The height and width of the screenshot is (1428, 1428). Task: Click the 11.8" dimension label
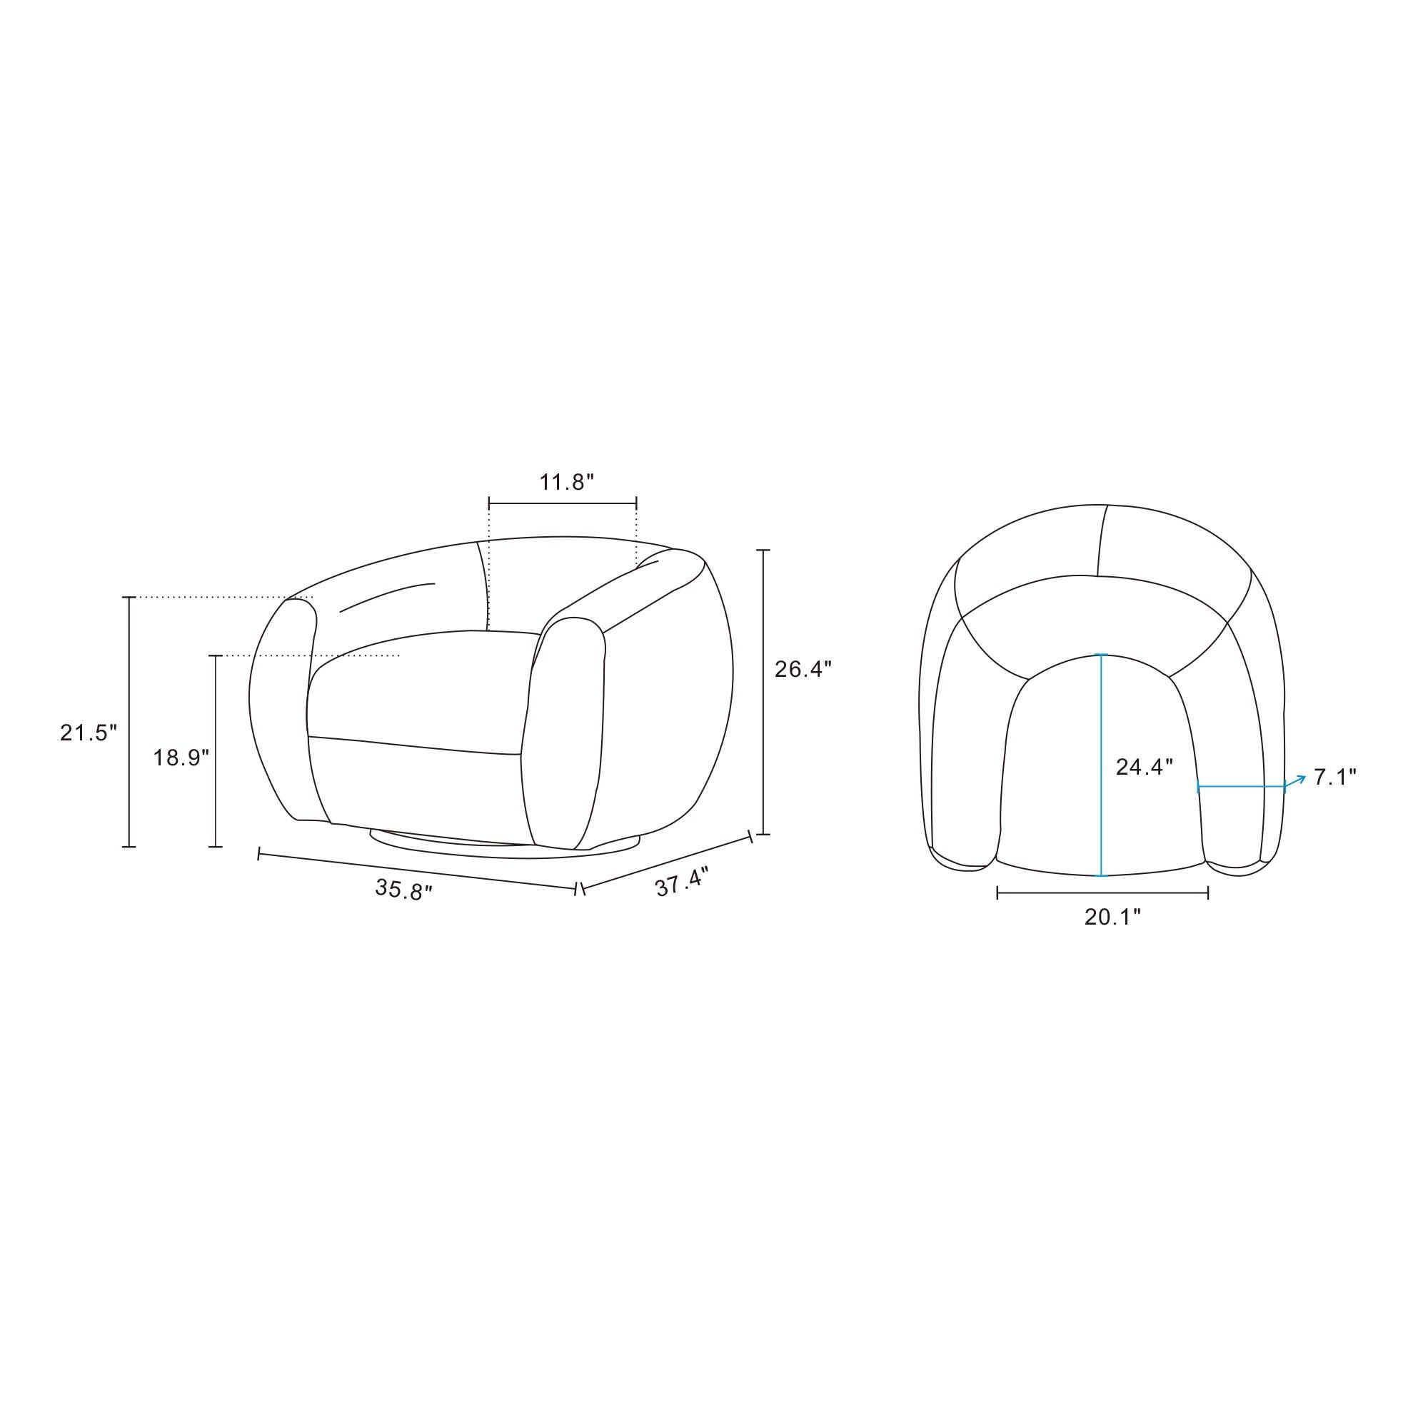pos(566,483)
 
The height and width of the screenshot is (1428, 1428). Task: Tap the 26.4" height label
pos(803,669)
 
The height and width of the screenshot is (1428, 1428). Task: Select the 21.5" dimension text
pos(89,733)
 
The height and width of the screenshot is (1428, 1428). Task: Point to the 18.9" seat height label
pos(181,758)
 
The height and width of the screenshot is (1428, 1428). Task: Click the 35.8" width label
pos(403,889)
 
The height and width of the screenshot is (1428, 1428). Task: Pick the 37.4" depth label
pos(681,883)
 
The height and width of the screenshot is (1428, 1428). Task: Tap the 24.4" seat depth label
pos(1144,768)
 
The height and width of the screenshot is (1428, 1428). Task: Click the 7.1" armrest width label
pos(1335,777)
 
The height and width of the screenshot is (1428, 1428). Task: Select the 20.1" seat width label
pos(1112,917)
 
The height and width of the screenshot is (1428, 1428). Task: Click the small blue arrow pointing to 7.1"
pos(1296,781)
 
